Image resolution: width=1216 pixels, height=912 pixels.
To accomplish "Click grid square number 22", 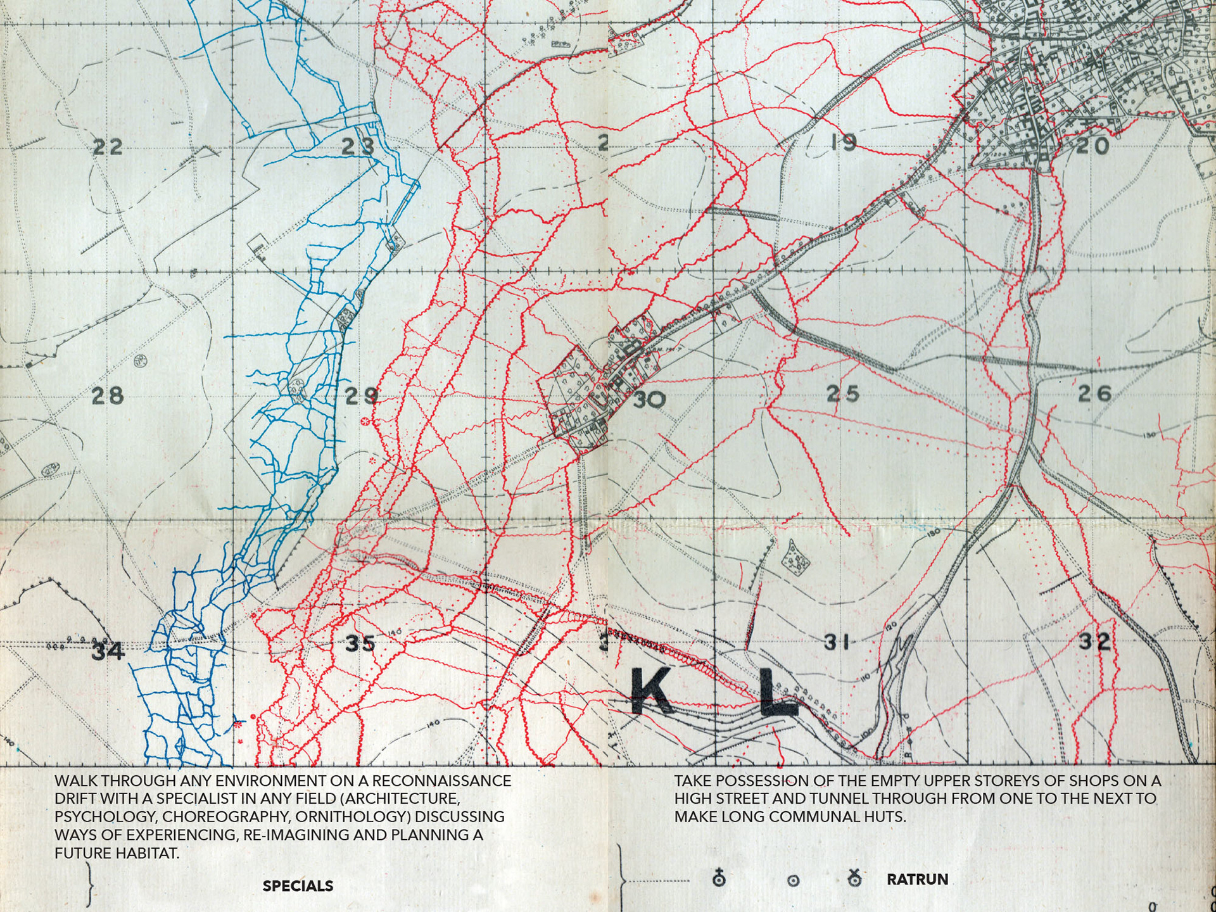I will pos(107,148).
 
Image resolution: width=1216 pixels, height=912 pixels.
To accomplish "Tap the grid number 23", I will pos(358,147).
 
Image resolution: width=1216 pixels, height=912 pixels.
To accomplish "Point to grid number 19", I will pos(843,143).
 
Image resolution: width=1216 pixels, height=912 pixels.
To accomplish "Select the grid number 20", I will pos(1093,147).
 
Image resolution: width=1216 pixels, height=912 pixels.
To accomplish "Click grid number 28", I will pos(107,396).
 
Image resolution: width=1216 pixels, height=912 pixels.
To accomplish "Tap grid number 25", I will pos(843,394).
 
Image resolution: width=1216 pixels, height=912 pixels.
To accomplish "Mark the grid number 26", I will pos(1094,395).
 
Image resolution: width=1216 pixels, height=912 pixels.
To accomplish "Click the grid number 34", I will pos(108,651).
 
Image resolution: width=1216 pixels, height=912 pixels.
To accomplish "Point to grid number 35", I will pos(360,644).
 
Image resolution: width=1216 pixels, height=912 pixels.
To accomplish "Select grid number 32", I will pos(1094,642).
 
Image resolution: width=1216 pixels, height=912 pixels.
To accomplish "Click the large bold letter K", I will pos(652,693).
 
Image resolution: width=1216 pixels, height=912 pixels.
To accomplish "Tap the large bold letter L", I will pos(777,693).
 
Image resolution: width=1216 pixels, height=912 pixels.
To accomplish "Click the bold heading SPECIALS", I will pos(298,886).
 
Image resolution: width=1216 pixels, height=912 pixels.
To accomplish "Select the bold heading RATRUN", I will pos(917,879).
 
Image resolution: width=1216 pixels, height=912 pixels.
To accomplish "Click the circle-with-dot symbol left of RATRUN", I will pos(793,880).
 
